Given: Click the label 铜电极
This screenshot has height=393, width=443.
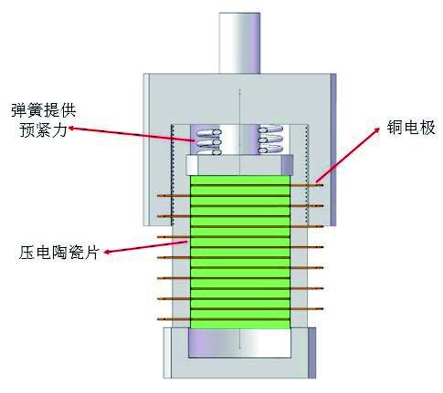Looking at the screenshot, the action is (x=411, y=128).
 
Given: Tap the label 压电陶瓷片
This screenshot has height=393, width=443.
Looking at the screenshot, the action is (x=59, y=252).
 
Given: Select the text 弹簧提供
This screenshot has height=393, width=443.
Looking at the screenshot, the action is (x=44, y=110).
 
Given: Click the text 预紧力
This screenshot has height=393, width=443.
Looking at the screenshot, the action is (x=43, y=130).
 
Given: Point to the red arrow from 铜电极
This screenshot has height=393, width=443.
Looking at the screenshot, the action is (x=347, y=155).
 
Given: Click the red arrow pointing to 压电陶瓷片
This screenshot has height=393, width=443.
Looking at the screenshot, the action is (x=145, y=247).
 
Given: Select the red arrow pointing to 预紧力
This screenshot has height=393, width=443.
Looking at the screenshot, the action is (x=132, y=134).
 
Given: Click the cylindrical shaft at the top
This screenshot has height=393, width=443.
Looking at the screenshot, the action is (x=239, y=43).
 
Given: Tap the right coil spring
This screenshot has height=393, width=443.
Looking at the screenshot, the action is (x=270, y=140).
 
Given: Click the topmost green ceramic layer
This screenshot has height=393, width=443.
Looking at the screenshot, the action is (x=240, y=180).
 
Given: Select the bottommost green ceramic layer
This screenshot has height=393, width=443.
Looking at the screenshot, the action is (x=240, y=325).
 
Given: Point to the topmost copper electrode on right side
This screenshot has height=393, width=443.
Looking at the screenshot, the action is (x=307, y=185).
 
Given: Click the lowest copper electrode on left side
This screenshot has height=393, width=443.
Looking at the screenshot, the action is (x=174, y=319).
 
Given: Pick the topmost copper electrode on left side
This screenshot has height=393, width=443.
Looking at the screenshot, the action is (x=174, y=196).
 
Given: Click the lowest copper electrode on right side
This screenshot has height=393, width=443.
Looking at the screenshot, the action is (x=307, y=309).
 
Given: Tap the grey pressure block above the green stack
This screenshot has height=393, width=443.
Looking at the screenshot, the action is (x=239, y=165).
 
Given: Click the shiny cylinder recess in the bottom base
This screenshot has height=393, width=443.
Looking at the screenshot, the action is (x=239, y=344).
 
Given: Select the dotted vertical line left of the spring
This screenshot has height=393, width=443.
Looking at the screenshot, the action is (x=172, y=174).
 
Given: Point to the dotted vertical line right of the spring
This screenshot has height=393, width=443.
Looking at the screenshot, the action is (x=307, y=174).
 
